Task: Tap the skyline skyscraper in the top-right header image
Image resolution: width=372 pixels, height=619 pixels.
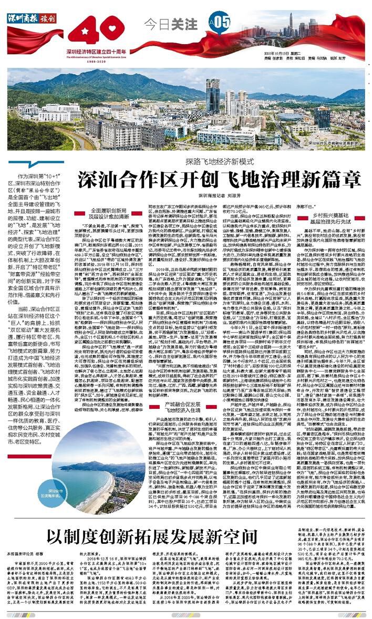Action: [x=302, y=24]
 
